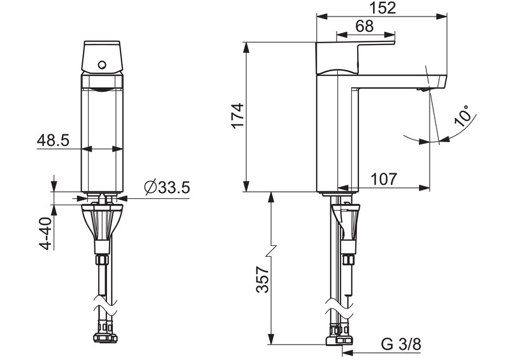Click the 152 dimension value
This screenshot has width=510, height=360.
tap(382, 8)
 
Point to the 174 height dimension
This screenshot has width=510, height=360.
tap(237, 115)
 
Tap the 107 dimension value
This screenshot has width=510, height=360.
tap(384, 179)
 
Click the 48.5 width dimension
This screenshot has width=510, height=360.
tap(52, 140)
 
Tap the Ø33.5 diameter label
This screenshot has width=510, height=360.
tap(167, 188)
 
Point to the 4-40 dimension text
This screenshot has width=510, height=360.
tap(45, 234)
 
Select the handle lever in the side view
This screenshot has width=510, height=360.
tap(357, 54)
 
